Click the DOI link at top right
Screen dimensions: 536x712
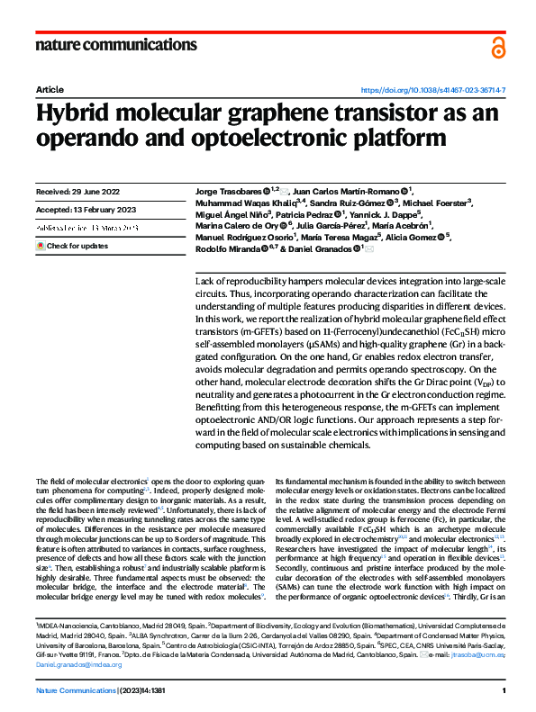coord(433,91)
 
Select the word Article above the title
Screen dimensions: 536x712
coord(49,91)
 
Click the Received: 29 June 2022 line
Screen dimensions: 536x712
coord(79,192)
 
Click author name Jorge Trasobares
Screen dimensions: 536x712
coord(228,192)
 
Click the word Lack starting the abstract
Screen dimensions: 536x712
coord(205,282)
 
